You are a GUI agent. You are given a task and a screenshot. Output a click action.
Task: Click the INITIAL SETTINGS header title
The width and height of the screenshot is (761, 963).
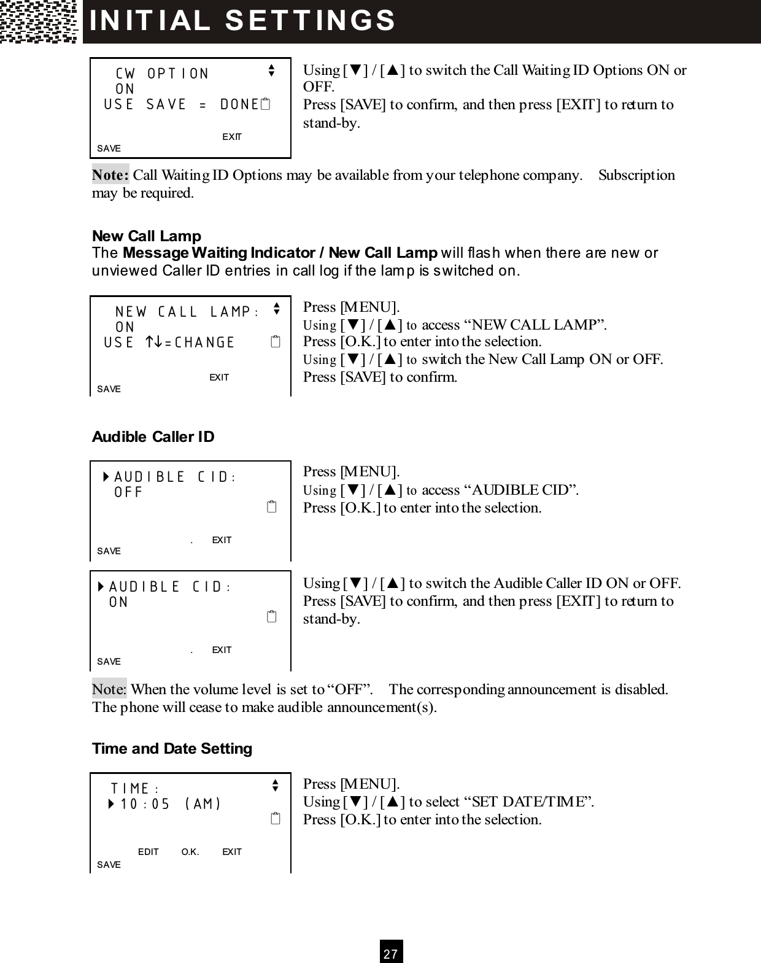point(243,20)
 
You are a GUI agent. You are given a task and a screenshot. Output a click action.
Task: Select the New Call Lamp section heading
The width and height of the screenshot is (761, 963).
point(147,236)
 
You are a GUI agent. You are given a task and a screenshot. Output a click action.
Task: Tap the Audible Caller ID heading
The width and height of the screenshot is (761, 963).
point(153,436)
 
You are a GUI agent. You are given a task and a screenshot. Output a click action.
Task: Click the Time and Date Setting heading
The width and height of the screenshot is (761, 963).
point(172,748)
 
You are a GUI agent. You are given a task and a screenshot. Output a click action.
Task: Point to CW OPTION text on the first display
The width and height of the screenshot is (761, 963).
point(162,74)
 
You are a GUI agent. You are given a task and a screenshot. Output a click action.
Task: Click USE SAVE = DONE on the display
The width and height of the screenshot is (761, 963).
point(181,104)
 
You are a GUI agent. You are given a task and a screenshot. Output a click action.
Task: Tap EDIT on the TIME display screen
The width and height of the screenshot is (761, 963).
point(149,851)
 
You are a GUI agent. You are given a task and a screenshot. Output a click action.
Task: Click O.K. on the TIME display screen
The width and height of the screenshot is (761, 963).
point(190,851)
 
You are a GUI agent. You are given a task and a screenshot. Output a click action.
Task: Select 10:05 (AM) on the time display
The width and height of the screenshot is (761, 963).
point(171,803)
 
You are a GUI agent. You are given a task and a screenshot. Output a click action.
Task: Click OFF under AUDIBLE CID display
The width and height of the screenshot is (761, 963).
point(128,492)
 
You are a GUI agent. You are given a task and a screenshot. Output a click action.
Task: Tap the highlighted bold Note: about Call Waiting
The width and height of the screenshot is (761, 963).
point(110,175)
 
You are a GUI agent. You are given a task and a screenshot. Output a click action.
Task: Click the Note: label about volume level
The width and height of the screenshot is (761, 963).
point(109,689)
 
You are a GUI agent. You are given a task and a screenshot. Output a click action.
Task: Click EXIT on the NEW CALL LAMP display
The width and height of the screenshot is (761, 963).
point(219,377)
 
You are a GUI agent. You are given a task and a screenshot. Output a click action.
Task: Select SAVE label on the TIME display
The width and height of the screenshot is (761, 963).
point(109,864)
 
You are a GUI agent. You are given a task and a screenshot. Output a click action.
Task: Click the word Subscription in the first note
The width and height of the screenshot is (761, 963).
point(636,175)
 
